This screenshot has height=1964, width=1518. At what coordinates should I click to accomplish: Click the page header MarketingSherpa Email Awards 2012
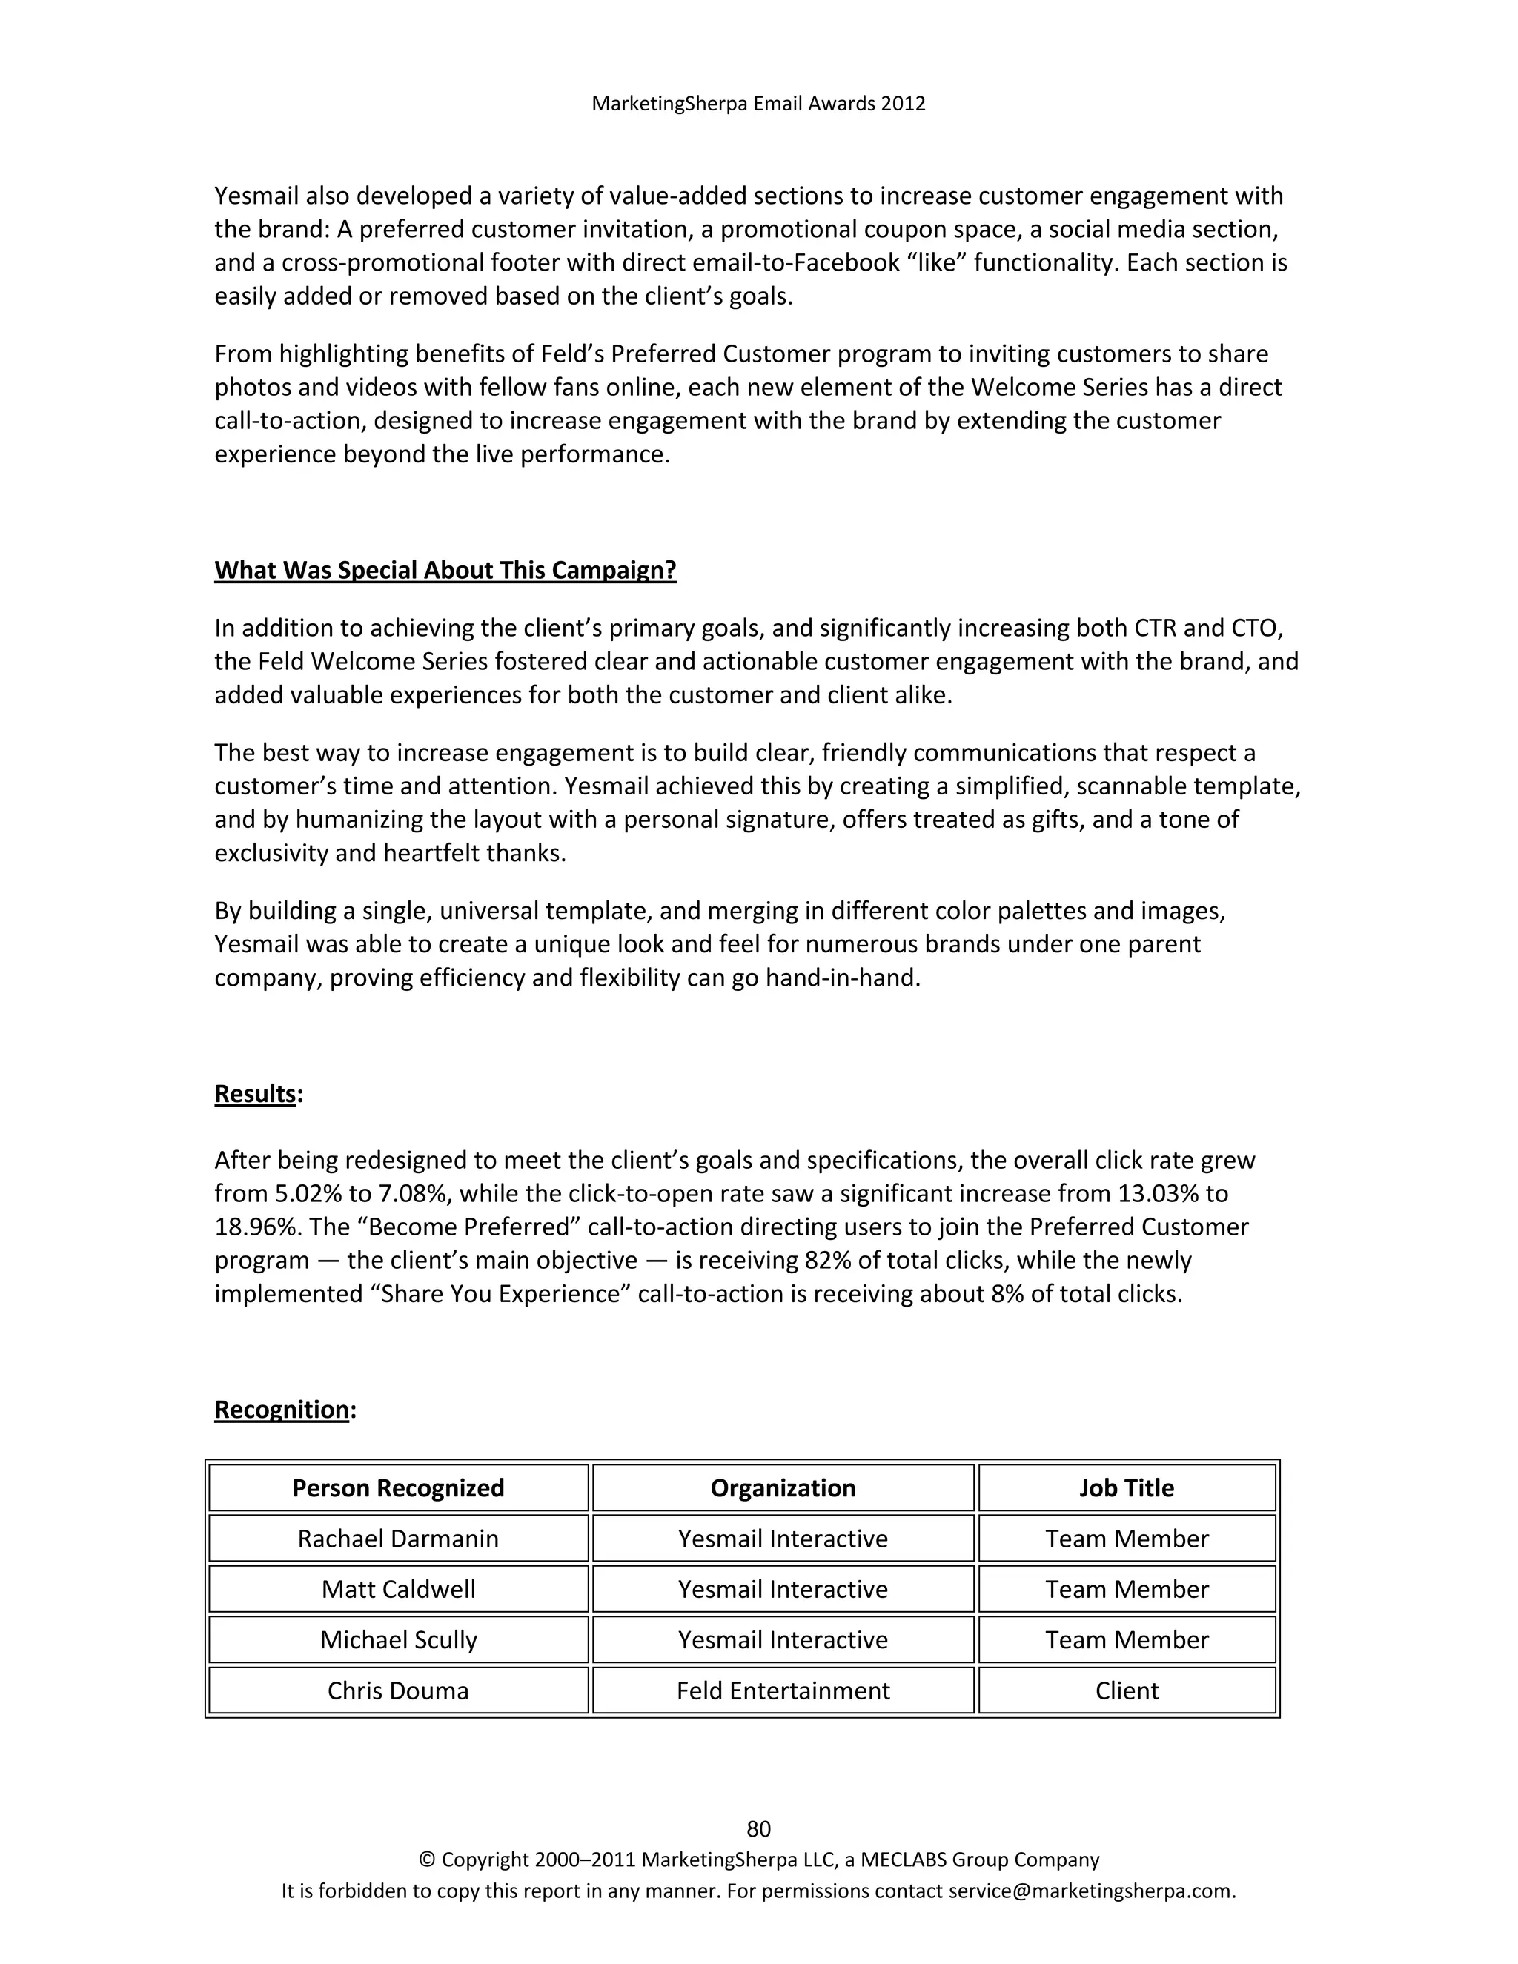(x=758, y=104)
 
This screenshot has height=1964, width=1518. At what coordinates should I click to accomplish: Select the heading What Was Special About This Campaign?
(x=445, y=570)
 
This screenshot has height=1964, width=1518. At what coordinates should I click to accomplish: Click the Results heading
(x=256, y=1093)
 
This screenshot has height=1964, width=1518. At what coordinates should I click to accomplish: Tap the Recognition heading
(x=282, y=1409)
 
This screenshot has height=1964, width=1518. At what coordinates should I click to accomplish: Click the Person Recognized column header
(x=398, y=1487)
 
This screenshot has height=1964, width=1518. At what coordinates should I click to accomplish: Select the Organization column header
(x=783, y=1487)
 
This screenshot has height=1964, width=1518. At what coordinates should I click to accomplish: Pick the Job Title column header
(x=1127, y=1487)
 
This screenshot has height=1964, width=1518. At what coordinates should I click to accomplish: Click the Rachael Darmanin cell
(x=398, y=1538)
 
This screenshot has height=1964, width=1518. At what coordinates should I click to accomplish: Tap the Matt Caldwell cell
(x=398, y=1589)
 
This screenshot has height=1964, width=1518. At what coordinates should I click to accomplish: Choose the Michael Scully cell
(x=398, y=1639)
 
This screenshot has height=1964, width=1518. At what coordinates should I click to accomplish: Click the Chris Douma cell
(x=398, y=1691)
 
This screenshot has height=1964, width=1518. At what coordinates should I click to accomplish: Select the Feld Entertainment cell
(x=783, y=1691)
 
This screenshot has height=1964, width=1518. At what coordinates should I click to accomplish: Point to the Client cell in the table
(x=1127, y=1691)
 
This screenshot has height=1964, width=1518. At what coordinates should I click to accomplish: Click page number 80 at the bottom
(x=758, y=1828)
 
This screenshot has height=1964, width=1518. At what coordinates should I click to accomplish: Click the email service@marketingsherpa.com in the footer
(x=1091, y=1891)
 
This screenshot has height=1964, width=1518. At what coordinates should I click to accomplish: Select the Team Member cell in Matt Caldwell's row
(x=1127, y=1589)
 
